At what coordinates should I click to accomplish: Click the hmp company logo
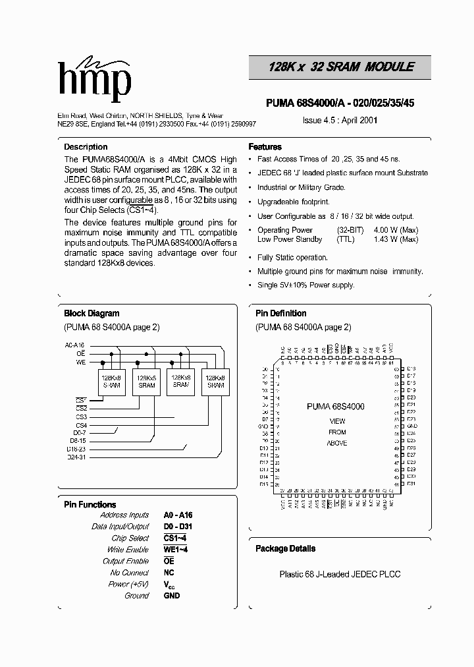93,78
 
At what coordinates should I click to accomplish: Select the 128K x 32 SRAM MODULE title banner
341,67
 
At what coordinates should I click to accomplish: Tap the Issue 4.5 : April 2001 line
340,121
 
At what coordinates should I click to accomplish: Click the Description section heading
86,147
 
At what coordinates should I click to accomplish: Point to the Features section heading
265,147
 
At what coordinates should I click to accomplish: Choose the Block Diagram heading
92,314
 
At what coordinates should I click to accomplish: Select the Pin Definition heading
281,314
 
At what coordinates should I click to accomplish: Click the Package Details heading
285,548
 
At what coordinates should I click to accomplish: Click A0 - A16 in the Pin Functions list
178,515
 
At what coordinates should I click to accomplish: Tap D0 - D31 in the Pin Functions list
178,527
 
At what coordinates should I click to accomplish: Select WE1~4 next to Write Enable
176,550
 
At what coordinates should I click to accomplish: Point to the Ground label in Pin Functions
137,596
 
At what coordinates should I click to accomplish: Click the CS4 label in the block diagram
81,425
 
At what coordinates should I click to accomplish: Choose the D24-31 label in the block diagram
76,457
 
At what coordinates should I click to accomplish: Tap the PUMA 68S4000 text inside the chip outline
335,407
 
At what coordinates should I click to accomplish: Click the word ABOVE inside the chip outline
336,443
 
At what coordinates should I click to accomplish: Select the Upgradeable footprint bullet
293,202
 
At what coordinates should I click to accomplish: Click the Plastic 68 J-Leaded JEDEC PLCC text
340,574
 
